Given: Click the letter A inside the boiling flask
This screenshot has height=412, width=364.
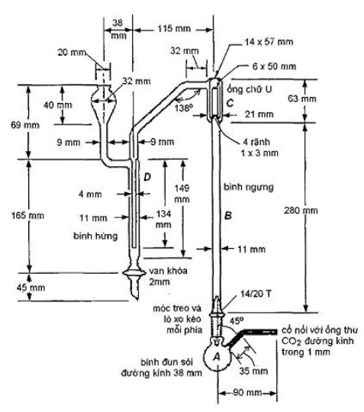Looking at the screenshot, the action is coord(217,357).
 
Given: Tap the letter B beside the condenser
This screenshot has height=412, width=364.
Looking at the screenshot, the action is coord(228,215).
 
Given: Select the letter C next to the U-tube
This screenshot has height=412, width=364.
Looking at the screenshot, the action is coord(230,103).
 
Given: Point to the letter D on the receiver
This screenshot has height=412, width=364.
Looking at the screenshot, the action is coord(147,177).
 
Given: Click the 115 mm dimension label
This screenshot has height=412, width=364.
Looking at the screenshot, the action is coord(174,28).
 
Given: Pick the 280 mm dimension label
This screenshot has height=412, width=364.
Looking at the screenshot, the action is coord(301,211).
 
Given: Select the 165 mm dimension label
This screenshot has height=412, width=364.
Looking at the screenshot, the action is coord(27,216).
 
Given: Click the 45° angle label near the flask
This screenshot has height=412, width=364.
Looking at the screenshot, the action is coord(237,320).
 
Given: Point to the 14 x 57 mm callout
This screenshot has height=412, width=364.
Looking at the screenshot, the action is coord(269,42).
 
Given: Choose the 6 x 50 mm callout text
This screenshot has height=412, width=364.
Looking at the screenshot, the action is coord(274,66).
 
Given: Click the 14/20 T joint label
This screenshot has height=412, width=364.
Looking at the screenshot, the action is coord(256,294).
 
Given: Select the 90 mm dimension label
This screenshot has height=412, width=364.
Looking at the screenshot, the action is coord(247,393).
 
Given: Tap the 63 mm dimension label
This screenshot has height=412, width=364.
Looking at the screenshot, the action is coord(301,98).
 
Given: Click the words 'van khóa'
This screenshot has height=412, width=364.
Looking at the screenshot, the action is coord(168,271).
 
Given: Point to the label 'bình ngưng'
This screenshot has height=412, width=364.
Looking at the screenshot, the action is coord(248,188).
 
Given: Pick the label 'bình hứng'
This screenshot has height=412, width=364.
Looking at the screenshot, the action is coord(95,236).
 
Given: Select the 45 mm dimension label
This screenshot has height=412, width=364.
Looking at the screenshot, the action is coord(31,288).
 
